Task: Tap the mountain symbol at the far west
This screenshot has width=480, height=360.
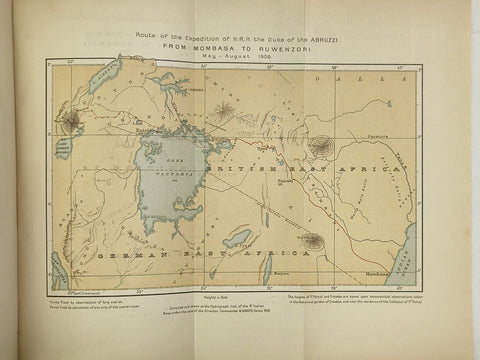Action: pos(71,125)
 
